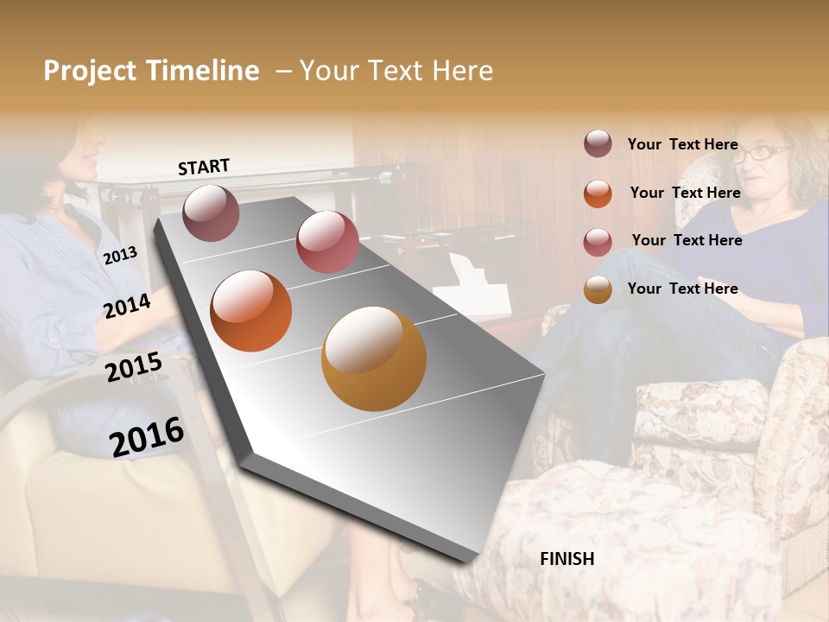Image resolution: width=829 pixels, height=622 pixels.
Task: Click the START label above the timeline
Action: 204,167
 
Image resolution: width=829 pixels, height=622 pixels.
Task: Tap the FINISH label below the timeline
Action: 566,559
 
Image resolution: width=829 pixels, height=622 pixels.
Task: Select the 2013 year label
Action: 120,255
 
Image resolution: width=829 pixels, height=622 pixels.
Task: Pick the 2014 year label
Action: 127,306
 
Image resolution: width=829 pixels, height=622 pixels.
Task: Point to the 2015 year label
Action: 133,367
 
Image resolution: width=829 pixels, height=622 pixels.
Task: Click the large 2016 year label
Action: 147,436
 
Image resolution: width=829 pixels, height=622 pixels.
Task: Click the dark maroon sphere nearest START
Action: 211,213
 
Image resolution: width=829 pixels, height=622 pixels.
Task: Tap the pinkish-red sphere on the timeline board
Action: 326,242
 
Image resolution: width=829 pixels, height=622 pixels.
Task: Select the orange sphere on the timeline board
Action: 250,311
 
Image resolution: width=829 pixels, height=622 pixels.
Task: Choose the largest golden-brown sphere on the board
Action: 373,359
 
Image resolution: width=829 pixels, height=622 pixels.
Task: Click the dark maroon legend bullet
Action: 598,143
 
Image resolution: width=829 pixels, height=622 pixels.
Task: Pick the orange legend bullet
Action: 598,193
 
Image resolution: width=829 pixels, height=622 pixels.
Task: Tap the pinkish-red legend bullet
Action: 598,241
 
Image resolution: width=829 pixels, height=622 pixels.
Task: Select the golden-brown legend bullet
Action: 598,289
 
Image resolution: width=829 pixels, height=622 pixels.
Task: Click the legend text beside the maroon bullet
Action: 682,144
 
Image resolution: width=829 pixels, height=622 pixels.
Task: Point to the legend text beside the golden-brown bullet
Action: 682,289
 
